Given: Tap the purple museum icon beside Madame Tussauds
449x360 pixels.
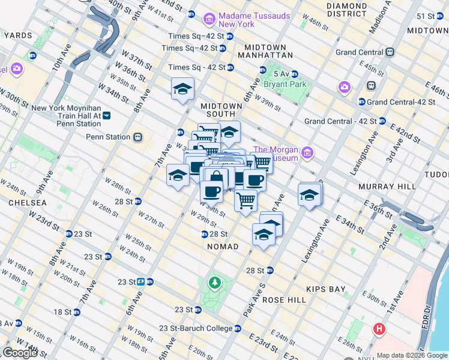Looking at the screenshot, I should pyautogui.click(x=209, y=19).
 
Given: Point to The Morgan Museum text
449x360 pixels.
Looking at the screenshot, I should pyautogui.click(x=277, y=154).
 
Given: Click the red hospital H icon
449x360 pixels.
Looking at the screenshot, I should pyautogui.click(x=379, y=329).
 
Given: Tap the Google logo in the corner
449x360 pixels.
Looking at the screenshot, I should pyautogui.click(x=20, y=353).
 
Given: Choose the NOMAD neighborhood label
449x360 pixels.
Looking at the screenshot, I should pyautogui.click(x=223, y=247).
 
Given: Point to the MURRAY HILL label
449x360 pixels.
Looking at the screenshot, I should pyautogui.click(x=387, y=187).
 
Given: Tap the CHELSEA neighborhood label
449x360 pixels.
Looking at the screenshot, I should pyautogui.click(x=23, y=203).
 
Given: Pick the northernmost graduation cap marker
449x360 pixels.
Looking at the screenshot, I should pyautogui.click(x=182, y=89).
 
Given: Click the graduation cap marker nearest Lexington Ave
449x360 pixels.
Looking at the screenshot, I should pyautogui.click(x=309, y=195).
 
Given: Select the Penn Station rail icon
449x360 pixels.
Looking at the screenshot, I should pyautogui.click(x=138, y=137).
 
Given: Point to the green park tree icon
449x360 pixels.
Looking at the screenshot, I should pyautogui.click(x=214, y=281).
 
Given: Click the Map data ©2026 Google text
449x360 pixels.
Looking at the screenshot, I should pyautogui.click(x=412, y=355).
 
